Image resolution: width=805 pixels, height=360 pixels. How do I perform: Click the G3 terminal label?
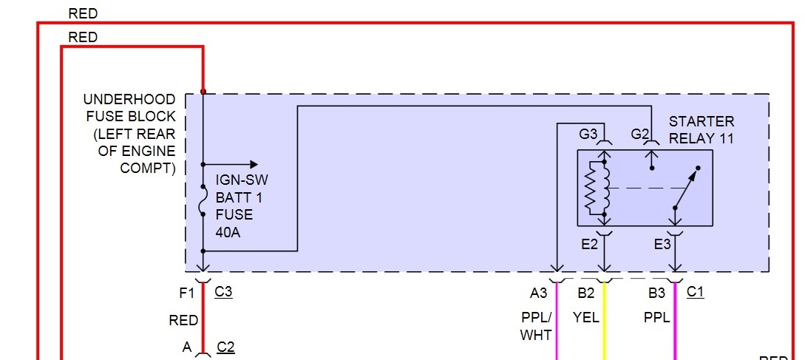tap(588, 134)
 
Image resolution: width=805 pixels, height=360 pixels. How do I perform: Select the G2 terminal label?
tap(640, 134)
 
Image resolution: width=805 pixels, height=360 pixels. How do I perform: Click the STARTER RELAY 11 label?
tap(702, 129)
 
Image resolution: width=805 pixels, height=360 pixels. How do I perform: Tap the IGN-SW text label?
tap(237, 180)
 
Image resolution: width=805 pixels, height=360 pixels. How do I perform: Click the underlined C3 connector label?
tap(223, 292)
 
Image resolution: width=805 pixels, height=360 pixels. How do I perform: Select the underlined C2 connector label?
tap(225, 347)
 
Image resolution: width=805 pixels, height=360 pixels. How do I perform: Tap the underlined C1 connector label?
tap(696, 292)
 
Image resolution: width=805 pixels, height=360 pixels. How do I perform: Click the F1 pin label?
tap(187, 293)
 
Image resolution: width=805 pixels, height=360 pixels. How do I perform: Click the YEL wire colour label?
tap(585, 318)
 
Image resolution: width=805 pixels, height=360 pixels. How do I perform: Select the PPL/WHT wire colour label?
tap(536, 326)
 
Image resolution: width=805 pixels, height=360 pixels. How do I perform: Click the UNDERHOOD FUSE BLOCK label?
tap(130, 134)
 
